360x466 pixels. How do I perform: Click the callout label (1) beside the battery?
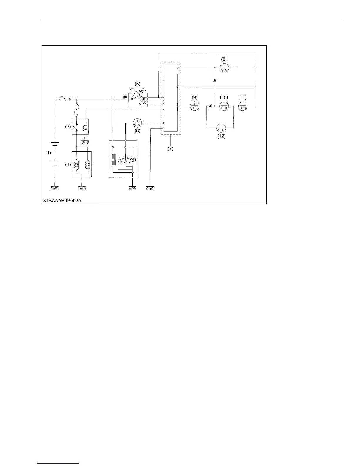pyautogui.click(x=48, y=153)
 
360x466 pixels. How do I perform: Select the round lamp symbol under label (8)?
pyautogui.click(x=224, y=68)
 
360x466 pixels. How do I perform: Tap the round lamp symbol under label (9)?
pyautogui.click(x=194, y=106)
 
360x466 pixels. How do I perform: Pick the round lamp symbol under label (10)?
pyautogui.click(x=224, y=106)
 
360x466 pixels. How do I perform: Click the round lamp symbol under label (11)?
pyautogui.click(x=242, y=106)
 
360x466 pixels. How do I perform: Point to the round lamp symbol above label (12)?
pyautogui.click(x=221, y=128)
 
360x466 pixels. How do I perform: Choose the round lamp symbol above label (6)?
pyautogui.click(x=137, y=122)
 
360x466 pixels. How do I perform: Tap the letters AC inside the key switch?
pyautogui.click(x=141, y=91)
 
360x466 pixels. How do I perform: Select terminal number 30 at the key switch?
pyautogui.click(x=125, y=97)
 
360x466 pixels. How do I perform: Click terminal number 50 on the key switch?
pyautogui.click(x=144, y=102)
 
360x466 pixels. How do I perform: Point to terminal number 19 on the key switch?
pyautogui.click(x=144, y=99)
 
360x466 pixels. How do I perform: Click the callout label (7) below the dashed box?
pyautogui.click(x=171, y=149)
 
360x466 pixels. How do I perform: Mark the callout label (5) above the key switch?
pyautogui.click(x=137, y=83)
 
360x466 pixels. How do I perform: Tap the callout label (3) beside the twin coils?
pyautogui.click(x=68, y=165)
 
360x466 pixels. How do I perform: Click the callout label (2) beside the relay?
pyautogui.click(x=68, y=127)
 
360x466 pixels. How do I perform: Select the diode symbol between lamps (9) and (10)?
pyautogui.click(x=210, y=106)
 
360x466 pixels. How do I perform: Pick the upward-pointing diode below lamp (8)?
pyautogui.click(x=215, y=80)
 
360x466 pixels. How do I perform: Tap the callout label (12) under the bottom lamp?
pyautogui.click(x=221, y=136)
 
